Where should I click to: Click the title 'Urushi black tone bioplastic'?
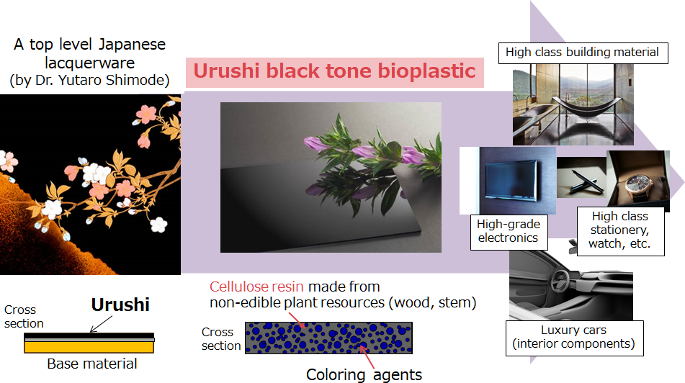point(334,71)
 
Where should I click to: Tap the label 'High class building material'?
point(583,53)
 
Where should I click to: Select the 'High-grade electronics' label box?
point(509,232)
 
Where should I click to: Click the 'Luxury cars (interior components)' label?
point(574,338)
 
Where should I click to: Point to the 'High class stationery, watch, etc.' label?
point(620,230)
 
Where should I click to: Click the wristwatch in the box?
point(639,184)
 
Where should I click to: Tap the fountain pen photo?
point(581,178)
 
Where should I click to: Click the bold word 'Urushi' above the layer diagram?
point(120,305)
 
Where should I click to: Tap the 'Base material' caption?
point(91,364)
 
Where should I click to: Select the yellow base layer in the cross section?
point(89,347)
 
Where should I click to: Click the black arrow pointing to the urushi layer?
point(101,325)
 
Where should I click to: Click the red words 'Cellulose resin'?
point(256,287)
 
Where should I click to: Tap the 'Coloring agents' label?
point(364,374)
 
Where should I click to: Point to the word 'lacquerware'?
point(89,63)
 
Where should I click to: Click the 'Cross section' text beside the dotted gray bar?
point(221,339)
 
